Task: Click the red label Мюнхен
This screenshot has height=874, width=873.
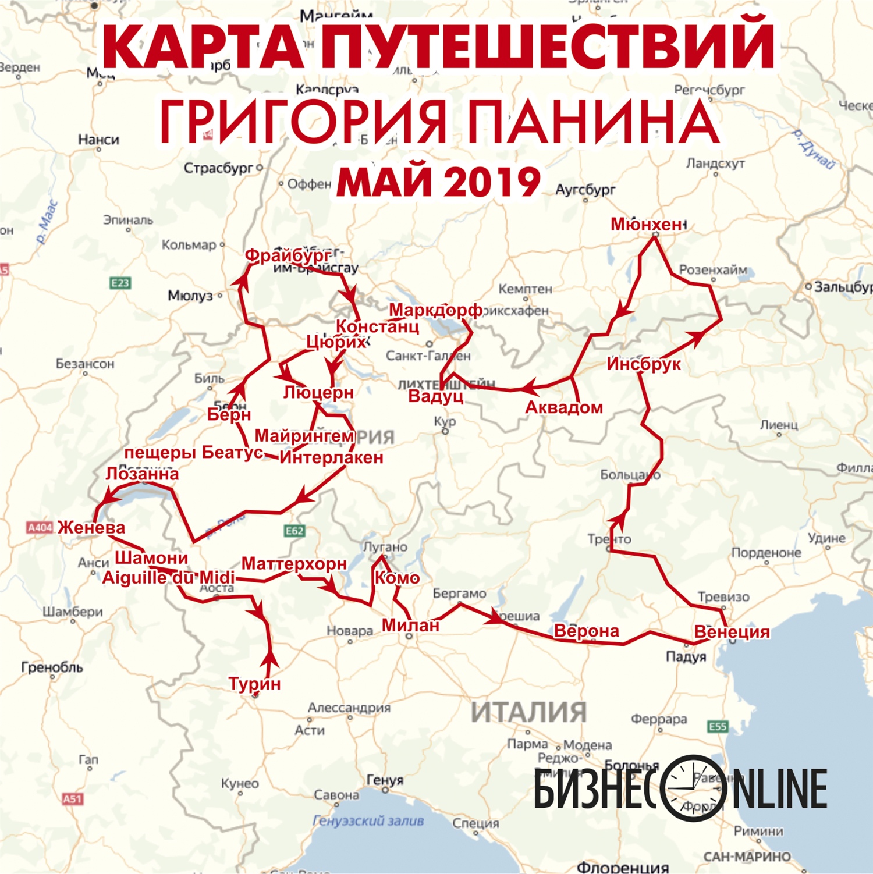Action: tap(647, 224)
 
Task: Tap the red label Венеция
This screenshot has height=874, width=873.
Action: tap(732, 631)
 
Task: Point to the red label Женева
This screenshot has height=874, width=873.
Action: tap(91, 527)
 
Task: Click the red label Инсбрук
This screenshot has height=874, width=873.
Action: tap(643, 364)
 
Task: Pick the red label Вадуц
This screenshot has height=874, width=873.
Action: tap(435, 396)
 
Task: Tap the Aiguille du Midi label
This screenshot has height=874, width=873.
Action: tap(168, 577)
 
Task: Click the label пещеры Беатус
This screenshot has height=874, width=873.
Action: tap(193, 452)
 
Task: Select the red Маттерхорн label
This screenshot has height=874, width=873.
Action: tap(294, 563)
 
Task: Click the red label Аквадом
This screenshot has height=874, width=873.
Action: tap(563, 407)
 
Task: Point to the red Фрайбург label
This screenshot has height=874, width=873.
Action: tap(288, 255)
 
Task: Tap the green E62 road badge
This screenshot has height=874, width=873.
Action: tap(294, 531)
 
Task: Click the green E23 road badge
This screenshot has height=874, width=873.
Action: tap(120, 283)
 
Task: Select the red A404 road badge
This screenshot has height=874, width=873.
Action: tap(40, 527)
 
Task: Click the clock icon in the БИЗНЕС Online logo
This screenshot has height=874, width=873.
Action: tap(693, 788)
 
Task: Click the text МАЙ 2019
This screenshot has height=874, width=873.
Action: tap(438, 182)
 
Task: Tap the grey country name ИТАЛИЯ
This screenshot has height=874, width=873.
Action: tap(528, 712)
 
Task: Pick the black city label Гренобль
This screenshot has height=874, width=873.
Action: tap(52, 667)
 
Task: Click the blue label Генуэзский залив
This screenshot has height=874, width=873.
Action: tap(368, 820)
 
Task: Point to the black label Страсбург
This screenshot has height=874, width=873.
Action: tap(218, 168)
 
